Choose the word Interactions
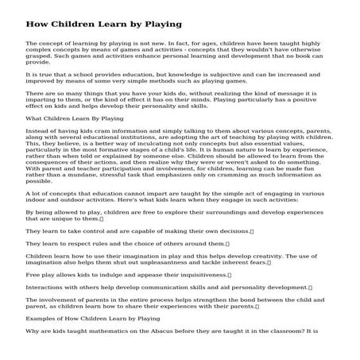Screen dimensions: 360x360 pyautogui.click(x=46, y=287)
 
